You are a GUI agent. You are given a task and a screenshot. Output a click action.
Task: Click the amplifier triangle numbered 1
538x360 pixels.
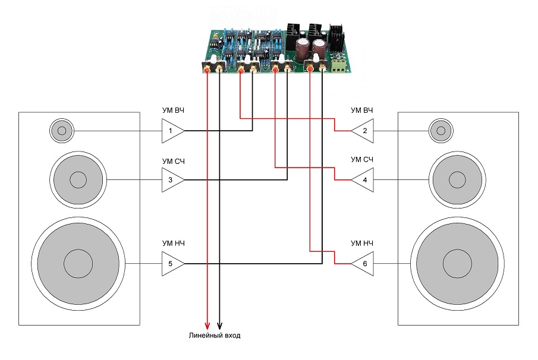tap(171, 131)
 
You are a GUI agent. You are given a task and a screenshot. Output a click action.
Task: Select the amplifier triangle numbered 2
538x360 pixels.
tap(364, 131)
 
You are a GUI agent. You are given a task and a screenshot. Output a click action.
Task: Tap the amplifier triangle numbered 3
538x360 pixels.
tap(171, 179)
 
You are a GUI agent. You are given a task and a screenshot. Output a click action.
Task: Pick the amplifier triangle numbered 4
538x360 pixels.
tap(364, 179)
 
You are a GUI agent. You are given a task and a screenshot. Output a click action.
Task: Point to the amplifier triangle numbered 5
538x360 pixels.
tap(171, 263)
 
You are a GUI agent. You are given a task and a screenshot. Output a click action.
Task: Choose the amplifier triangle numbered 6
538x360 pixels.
tap(364, 263)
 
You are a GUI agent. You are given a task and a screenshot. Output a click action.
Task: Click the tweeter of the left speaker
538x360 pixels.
tap(61, 130)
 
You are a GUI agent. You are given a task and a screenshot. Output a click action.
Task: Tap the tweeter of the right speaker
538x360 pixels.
tap(440, 130)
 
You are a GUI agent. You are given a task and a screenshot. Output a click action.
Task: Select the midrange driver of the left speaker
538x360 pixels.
tap(78, 179)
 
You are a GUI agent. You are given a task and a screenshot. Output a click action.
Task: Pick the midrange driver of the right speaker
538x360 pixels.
tap(457, 179)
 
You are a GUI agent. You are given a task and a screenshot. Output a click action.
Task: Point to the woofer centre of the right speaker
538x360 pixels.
tap(457, 263)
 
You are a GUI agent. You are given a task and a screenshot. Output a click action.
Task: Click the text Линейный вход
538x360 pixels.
tap(214, 336)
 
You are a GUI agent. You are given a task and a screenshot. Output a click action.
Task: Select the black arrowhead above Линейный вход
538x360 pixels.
tap(220, 326)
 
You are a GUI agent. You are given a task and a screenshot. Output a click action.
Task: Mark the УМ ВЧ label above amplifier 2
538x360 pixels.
tap(362, 110)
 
